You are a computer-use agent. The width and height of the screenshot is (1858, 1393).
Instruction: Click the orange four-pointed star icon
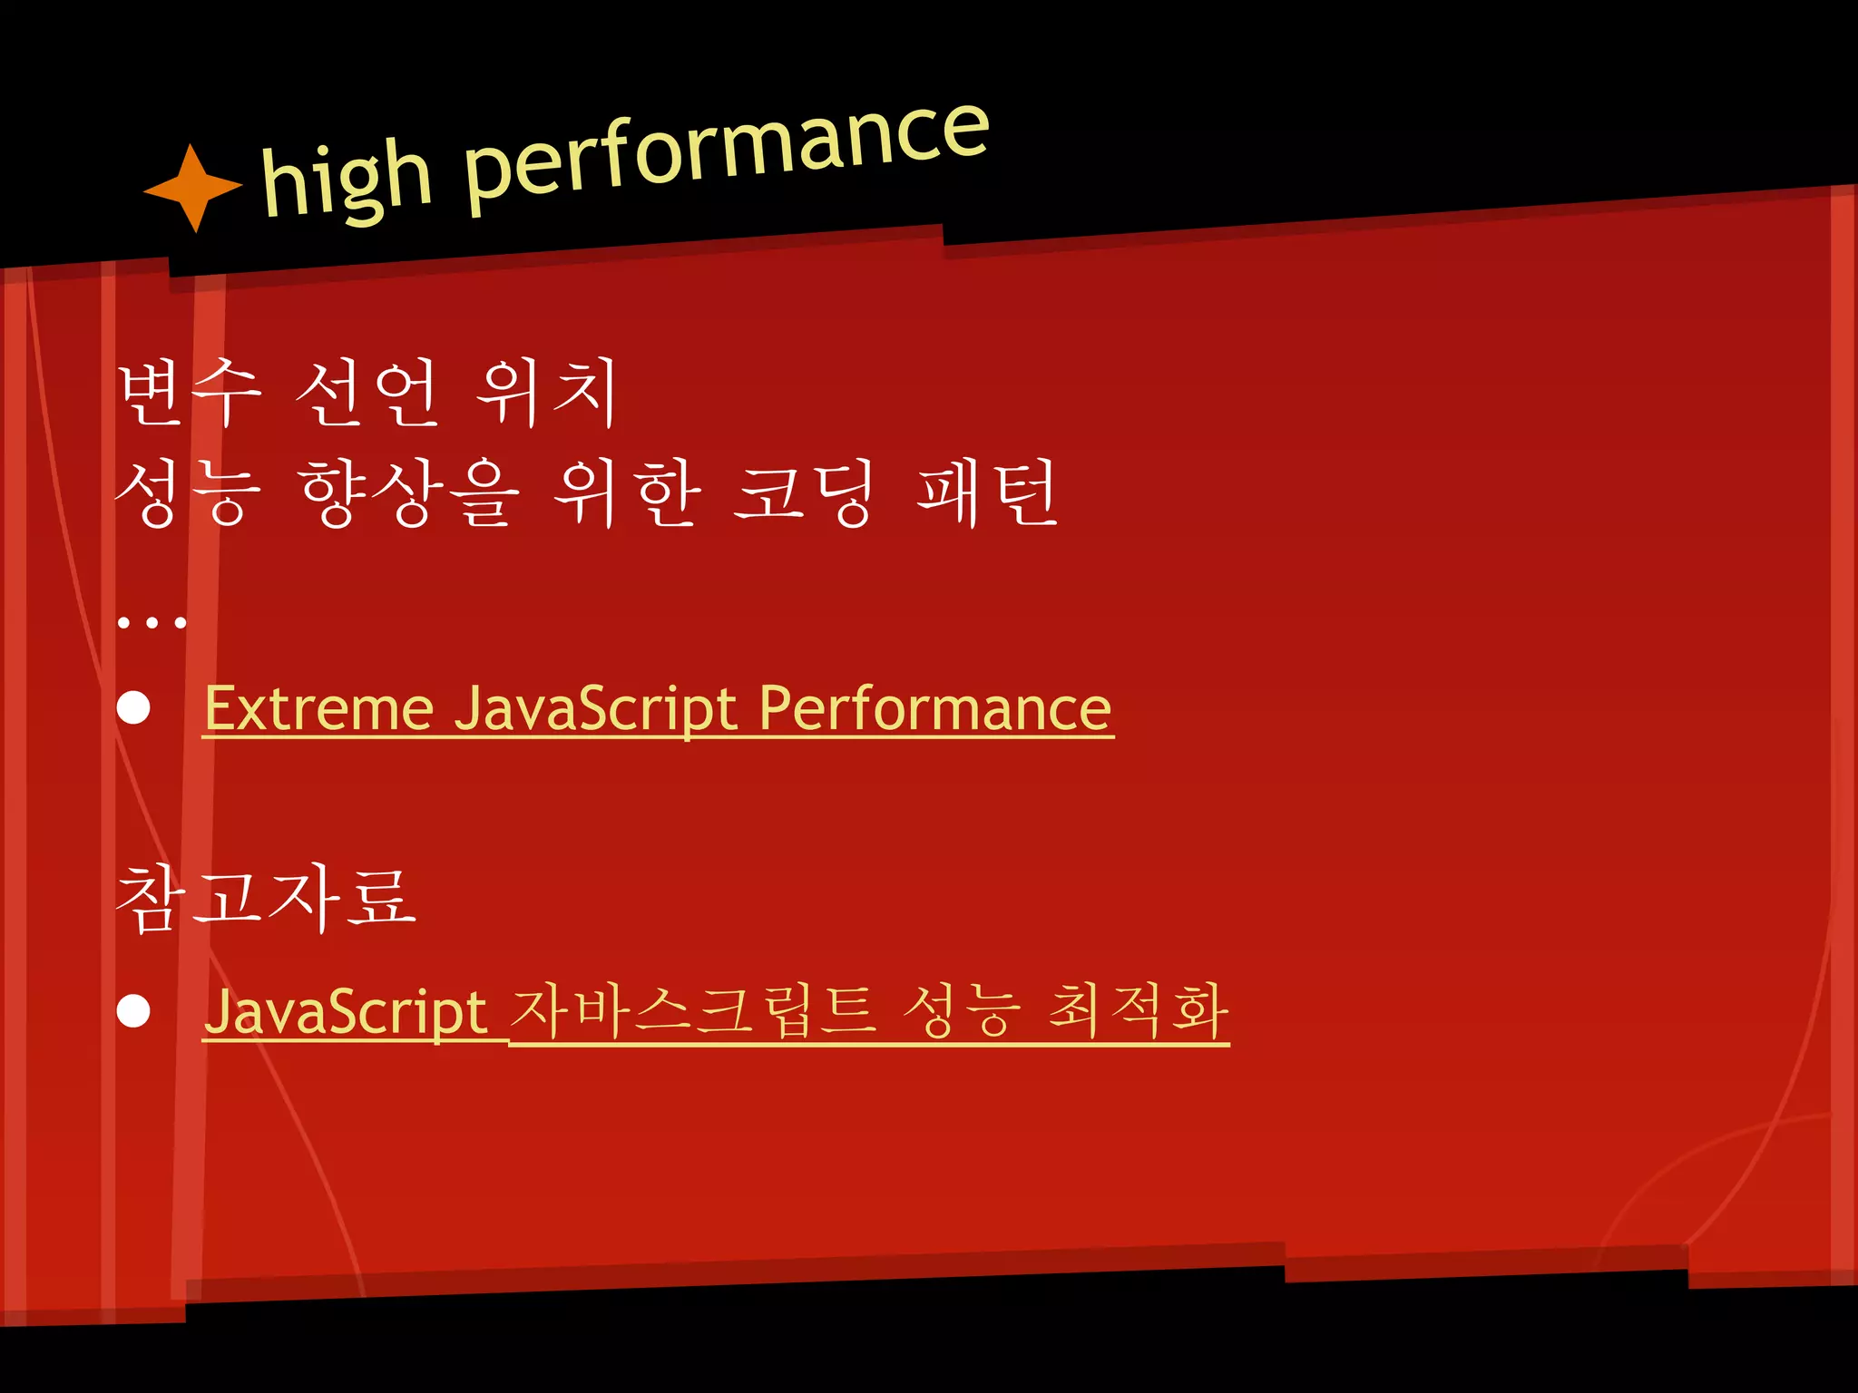[193, 188]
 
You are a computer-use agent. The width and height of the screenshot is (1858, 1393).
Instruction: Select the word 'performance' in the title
[726, 154]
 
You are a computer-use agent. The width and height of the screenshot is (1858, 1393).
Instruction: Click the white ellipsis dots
[152, 622]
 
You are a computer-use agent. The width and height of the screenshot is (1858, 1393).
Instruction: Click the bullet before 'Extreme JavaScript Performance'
[134, 708]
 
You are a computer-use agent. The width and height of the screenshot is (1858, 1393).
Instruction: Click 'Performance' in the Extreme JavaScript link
[934, 708]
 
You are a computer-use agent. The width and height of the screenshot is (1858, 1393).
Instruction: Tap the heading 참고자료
[266, 897]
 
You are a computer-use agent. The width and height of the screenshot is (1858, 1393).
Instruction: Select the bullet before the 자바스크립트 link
[134, 1011]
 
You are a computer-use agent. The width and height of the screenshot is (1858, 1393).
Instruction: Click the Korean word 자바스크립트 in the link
[693, 1011]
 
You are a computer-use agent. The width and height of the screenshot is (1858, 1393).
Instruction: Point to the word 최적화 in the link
[1138, 1011]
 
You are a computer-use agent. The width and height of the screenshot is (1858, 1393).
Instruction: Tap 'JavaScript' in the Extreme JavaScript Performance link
[595, 708]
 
